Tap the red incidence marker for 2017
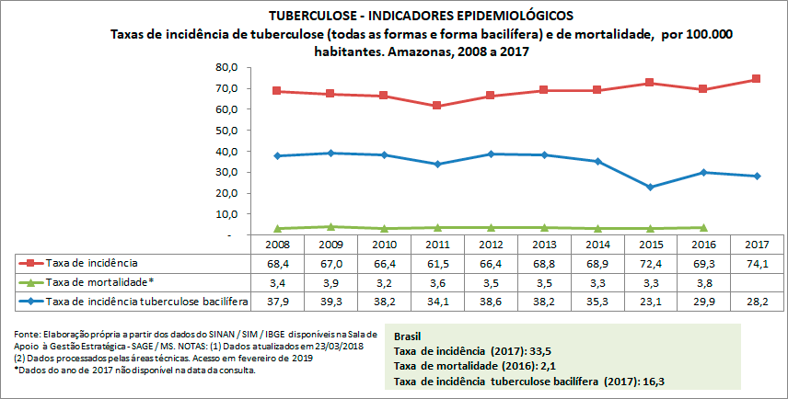(756, 79)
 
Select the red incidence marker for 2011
(437, 106)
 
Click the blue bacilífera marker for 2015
(650, 187)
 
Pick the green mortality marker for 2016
(703, 227)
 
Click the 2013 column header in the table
(543, 245)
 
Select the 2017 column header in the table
(756, 245)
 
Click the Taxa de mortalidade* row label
(101, 282)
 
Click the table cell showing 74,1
(756, 264)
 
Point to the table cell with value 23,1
(650, 301)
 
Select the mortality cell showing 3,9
(330, 282)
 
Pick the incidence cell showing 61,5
(437, 264)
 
